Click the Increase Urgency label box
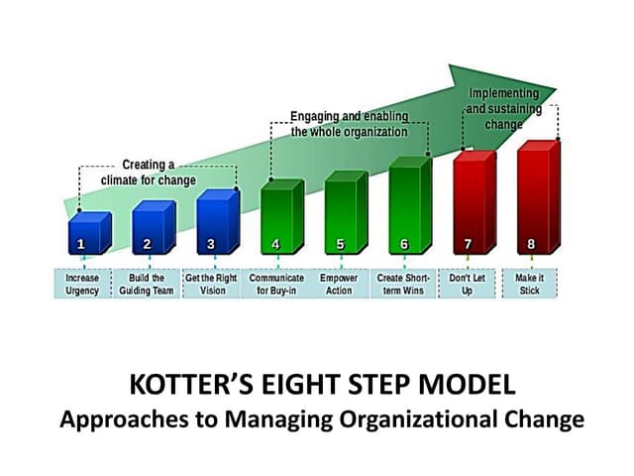83,285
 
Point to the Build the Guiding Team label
148,285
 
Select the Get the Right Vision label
213,285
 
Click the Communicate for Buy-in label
276,285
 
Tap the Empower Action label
339,285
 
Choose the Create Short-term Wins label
404,285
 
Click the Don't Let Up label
467,285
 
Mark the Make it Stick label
530,285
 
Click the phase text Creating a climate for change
148,173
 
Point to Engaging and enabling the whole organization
349,123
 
